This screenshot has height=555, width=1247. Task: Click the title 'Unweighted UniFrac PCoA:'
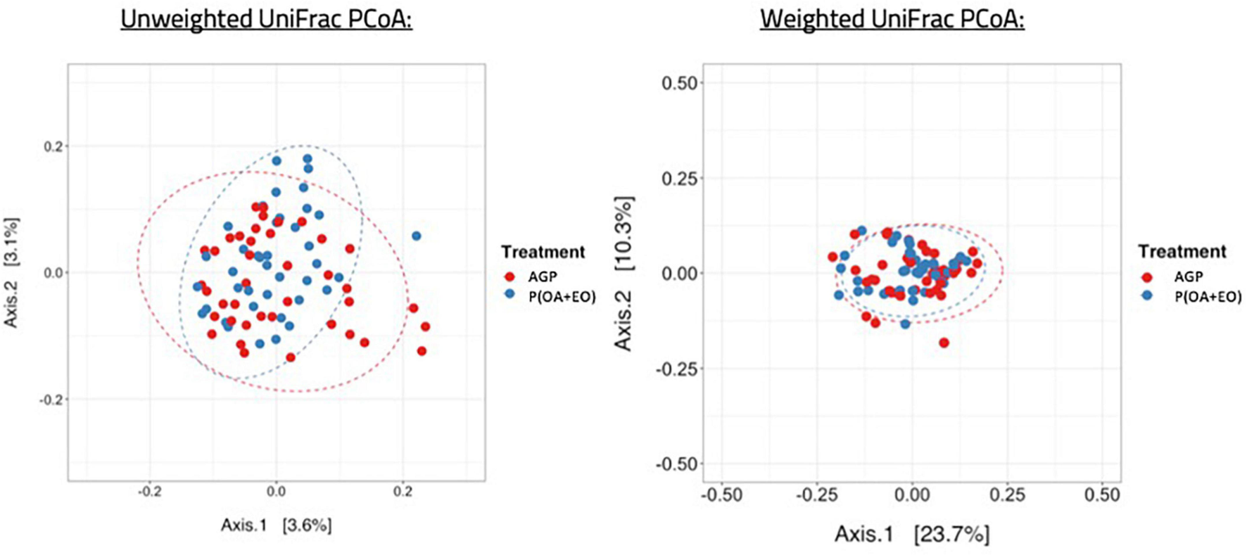pos(266,20)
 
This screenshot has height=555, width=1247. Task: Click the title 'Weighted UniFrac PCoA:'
pos(892,20)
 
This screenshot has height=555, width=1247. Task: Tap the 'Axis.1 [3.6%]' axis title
pos(276,525)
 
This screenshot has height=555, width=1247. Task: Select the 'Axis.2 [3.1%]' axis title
pos(12,272)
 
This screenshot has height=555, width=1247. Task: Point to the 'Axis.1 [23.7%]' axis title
pos(912,534)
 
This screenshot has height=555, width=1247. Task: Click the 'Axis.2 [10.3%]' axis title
pos(623,273)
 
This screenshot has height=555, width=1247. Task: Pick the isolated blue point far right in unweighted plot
pos(417,236)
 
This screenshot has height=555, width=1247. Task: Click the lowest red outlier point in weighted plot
pos(944,343)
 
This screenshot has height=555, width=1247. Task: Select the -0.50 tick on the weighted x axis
pos(722,495)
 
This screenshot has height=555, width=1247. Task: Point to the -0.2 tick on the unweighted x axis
pos(149,492)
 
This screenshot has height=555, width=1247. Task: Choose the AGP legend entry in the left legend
pos(542,276)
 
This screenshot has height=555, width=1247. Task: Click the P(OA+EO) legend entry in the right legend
pos(1208,297)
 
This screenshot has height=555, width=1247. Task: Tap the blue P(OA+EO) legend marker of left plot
pos(509,294)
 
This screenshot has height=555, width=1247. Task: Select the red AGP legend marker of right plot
pos(1148,276)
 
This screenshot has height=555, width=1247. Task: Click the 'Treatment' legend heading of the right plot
pos(1182,251)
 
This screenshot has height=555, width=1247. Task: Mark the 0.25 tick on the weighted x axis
pos(1007,495)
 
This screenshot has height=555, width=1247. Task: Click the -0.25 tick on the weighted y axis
pos(676,369)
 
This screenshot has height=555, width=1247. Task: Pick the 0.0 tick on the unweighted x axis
pos(276,492)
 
